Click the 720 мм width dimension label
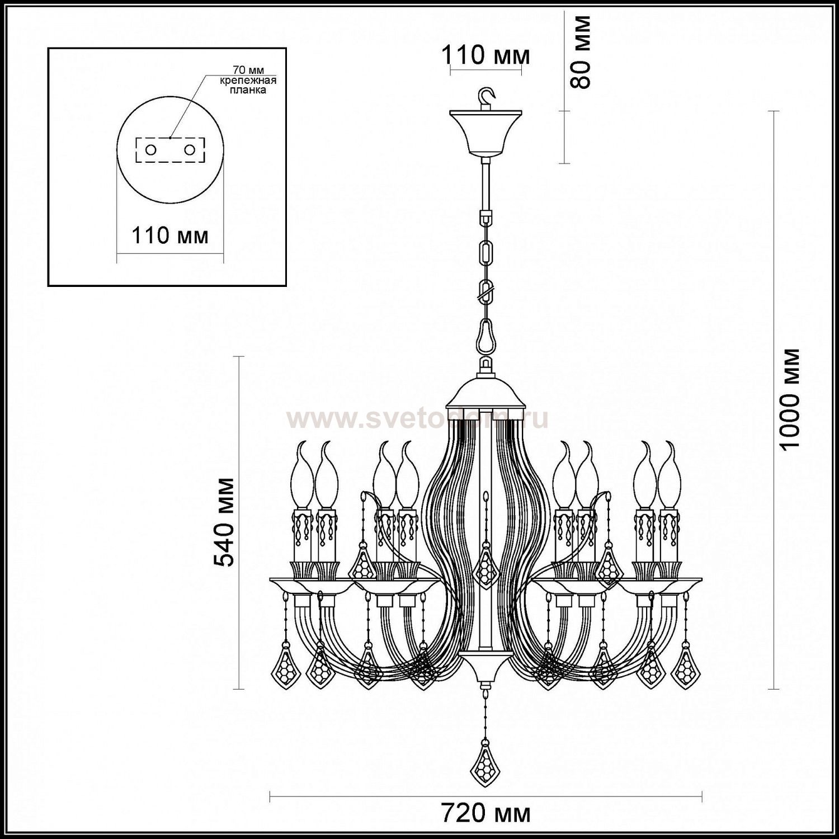[486, 813]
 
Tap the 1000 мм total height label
[791, 399]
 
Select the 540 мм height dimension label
[225, 522]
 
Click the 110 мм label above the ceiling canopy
[485, 55]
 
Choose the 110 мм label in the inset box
[169, 235]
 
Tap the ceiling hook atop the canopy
[488, 97]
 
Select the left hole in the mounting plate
[151, 149]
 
